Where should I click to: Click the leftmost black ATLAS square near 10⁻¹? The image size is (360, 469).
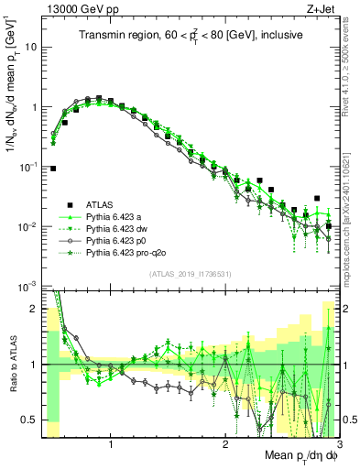54,169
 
